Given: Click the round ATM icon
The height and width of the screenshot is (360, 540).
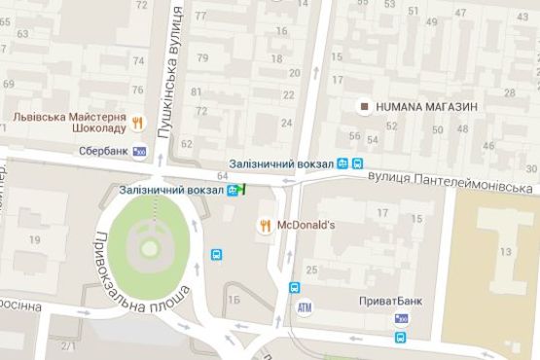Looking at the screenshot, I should click(x=306, y=307).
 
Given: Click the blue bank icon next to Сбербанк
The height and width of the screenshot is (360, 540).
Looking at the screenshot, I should click(x=140, y=152).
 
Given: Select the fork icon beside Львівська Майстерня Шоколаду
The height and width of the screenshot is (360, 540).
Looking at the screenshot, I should click(x=138, y=123).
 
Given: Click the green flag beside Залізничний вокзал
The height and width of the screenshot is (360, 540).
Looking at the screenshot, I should click(x=244, y=189).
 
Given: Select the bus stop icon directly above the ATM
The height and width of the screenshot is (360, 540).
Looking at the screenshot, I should click(x=294, y=288).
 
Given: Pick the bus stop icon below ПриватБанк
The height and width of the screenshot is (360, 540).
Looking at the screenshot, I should click(x=400, y=338).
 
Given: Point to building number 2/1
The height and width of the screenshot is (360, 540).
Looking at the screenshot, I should click(x=68, y=345).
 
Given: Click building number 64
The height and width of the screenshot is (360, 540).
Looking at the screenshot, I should click(x=223, y=175).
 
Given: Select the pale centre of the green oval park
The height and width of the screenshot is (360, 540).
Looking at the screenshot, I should click(x=149, y=249).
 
